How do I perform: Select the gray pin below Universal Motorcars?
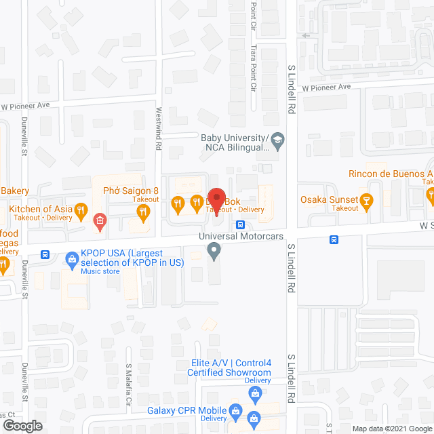(x=214, y=252)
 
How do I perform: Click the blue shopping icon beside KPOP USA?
(x=71, y=259)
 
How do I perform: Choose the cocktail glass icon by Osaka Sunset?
(x=367, y=201)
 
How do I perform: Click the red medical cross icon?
(x=100, y=220)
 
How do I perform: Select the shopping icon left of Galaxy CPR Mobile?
(x=235, y=410)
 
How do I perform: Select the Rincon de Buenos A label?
(x=390, y=174)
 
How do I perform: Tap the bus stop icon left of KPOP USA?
(x=45, y=255)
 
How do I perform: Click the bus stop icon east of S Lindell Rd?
(x=334, y=239)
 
